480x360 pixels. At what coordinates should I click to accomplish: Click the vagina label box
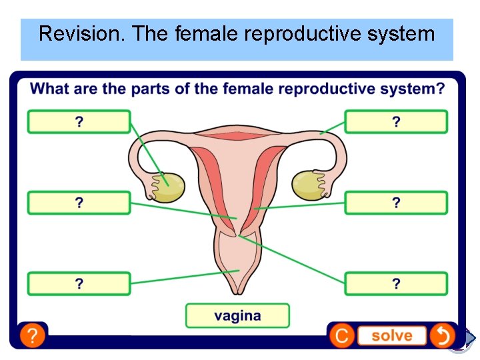[x=237, y=315]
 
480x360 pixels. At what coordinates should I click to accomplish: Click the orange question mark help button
[x=31, y=335]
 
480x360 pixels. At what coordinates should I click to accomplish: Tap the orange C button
[x=341, y=335]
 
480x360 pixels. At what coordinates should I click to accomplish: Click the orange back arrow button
[x=441, y=335]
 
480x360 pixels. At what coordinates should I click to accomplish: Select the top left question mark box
[x=79, y=122]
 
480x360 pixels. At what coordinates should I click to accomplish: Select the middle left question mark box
[x=79, y=203]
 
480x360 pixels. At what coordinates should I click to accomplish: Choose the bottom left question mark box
[x=79, y=283]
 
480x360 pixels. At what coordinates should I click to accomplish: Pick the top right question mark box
[x=396, y=122]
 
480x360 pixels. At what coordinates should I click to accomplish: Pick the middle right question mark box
[x=396, y=203]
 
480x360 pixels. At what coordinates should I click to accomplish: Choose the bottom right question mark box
[x=396, y=283]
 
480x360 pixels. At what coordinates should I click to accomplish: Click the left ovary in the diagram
[x=168, y=187]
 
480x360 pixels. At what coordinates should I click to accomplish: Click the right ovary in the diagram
[x=308, y=185]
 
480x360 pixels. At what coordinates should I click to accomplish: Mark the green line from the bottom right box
[x=293, y=260]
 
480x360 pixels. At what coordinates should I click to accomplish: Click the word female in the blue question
[x=248, y=89]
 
